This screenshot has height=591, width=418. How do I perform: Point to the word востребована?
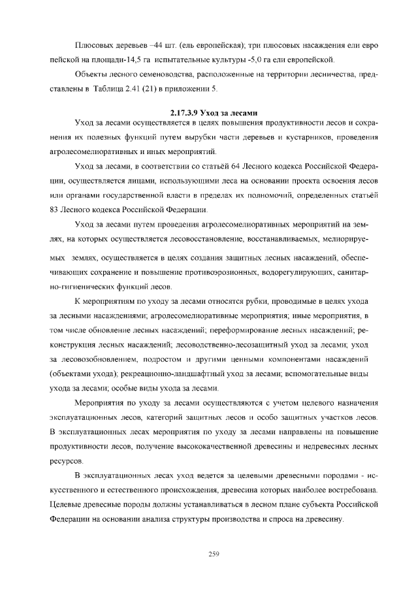346,489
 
